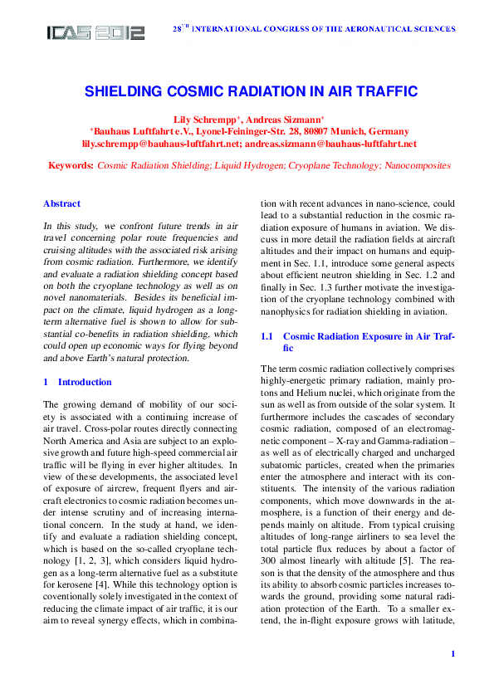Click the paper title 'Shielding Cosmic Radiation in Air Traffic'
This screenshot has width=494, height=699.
(250, 92)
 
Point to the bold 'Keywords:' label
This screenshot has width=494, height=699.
(71, 166)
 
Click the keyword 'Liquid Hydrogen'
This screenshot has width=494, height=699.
(248, 166)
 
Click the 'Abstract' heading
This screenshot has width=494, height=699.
(61, 203)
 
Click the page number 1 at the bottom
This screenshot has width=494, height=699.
(452, 654)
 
